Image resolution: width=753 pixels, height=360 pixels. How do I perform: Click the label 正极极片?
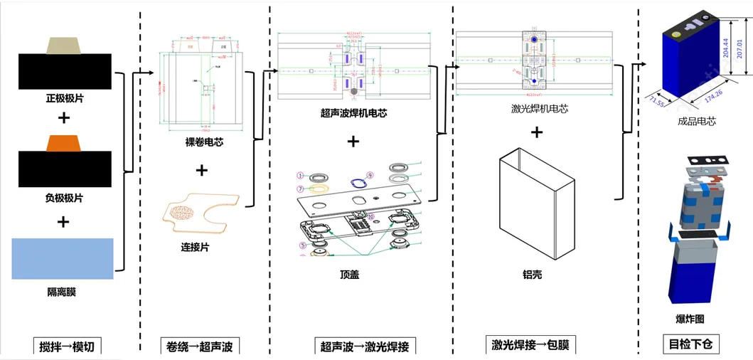coord(64,97)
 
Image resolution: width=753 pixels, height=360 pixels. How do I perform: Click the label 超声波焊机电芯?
coord(353,112)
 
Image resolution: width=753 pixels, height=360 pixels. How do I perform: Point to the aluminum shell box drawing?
coord(537,206)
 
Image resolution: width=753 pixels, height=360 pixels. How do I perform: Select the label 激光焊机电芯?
coord(540,109)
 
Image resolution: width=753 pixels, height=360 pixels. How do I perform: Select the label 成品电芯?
coord(697,121)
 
